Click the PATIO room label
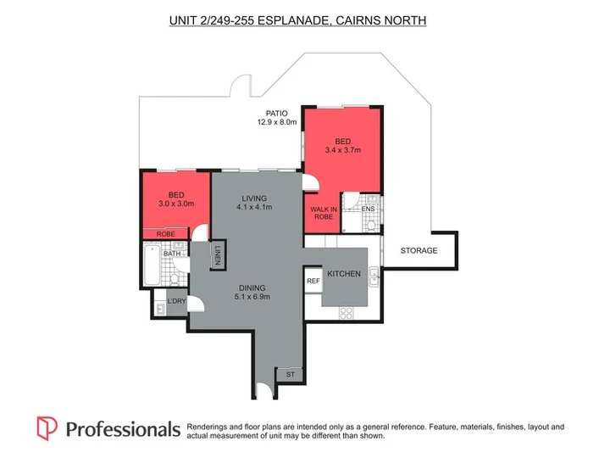pos(276,114)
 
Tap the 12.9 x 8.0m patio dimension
pos(276,122)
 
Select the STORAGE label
pos(419,250)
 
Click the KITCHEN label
pos(344,274)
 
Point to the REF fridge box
pos(313,281)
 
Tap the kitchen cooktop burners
pos(347,313)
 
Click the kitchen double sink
pos(374,276)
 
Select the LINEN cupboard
pos(218,254)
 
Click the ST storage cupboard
pos(291,375)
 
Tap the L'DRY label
pos(176,301)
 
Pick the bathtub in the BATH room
pos(152,265)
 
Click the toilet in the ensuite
pos(371,225)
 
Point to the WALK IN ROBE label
pos(324,213)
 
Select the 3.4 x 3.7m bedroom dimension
pos(343,150)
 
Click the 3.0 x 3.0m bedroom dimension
pos(176,204)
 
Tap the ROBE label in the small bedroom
pos(166,234)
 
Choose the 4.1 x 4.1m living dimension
pos(254,207)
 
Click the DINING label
pos(252,288)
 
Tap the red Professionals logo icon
pos(47,428)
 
